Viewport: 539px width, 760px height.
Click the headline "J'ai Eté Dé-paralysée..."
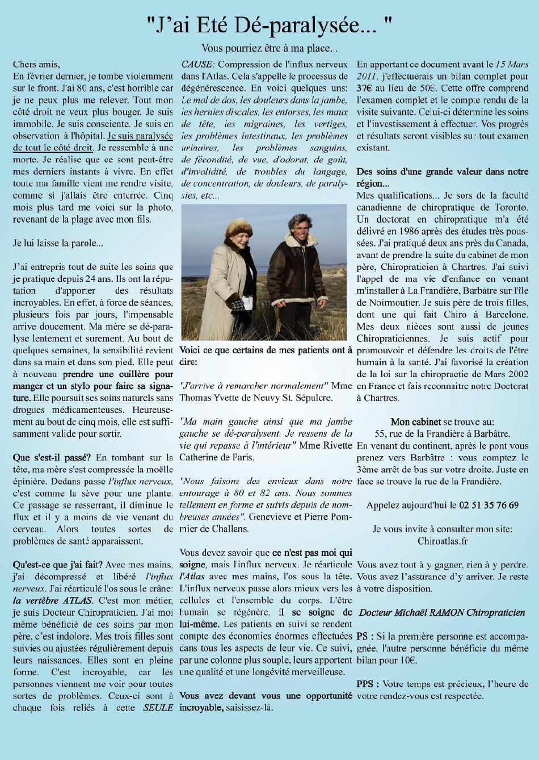click(269, 25)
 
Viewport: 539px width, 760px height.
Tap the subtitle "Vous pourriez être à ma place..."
click(269, 48)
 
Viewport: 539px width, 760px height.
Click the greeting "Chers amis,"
click(36, 64)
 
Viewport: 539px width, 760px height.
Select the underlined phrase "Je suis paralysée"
click(140, 136)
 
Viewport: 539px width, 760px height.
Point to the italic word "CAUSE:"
click(197, 64)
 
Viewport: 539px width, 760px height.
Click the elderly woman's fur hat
click(238, 227)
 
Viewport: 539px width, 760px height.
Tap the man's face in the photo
click(300, 227)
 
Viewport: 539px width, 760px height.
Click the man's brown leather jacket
click(295, 273)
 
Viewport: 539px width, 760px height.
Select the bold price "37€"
click(364, 88)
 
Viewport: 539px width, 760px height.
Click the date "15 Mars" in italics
click(511, 64)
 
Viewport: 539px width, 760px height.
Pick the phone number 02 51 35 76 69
click(489, 505)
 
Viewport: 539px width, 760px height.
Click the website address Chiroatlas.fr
click(443, 541)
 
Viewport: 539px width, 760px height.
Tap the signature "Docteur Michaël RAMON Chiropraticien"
click(442, 612)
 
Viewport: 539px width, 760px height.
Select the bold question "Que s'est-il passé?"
click(52, 457)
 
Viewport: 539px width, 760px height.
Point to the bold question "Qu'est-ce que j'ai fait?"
click(57, 565)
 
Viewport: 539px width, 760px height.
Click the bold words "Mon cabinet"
click(416, 421)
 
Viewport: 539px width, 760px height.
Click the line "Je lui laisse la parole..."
click(58, 243)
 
